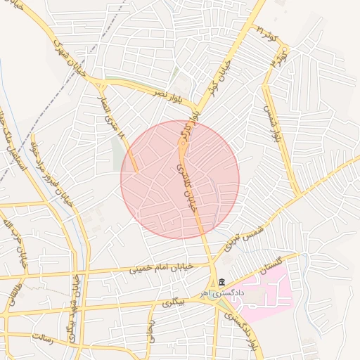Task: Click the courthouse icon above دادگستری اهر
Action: tap(222, 283)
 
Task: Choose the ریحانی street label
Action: tap(150, 330)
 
